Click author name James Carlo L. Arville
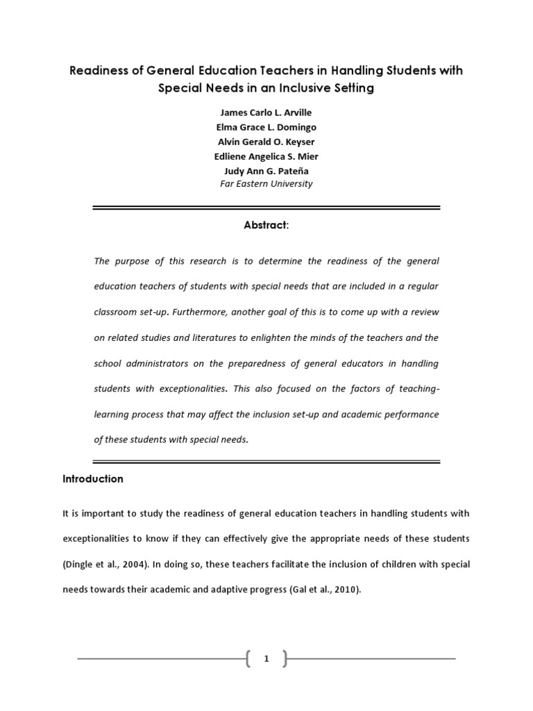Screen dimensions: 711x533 266,113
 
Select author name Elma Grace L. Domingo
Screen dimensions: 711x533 266,127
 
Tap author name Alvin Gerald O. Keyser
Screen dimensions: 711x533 266,142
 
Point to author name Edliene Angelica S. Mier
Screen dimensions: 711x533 266,156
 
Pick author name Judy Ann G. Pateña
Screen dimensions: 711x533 266,170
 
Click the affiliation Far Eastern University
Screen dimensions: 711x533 266,184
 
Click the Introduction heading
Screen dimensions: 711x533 93,479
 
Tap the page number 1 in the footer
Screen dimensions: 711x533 266,660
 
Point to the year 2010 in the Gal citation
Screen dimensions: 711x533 344,590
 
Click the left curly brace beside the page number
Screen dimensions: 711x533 248,659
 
